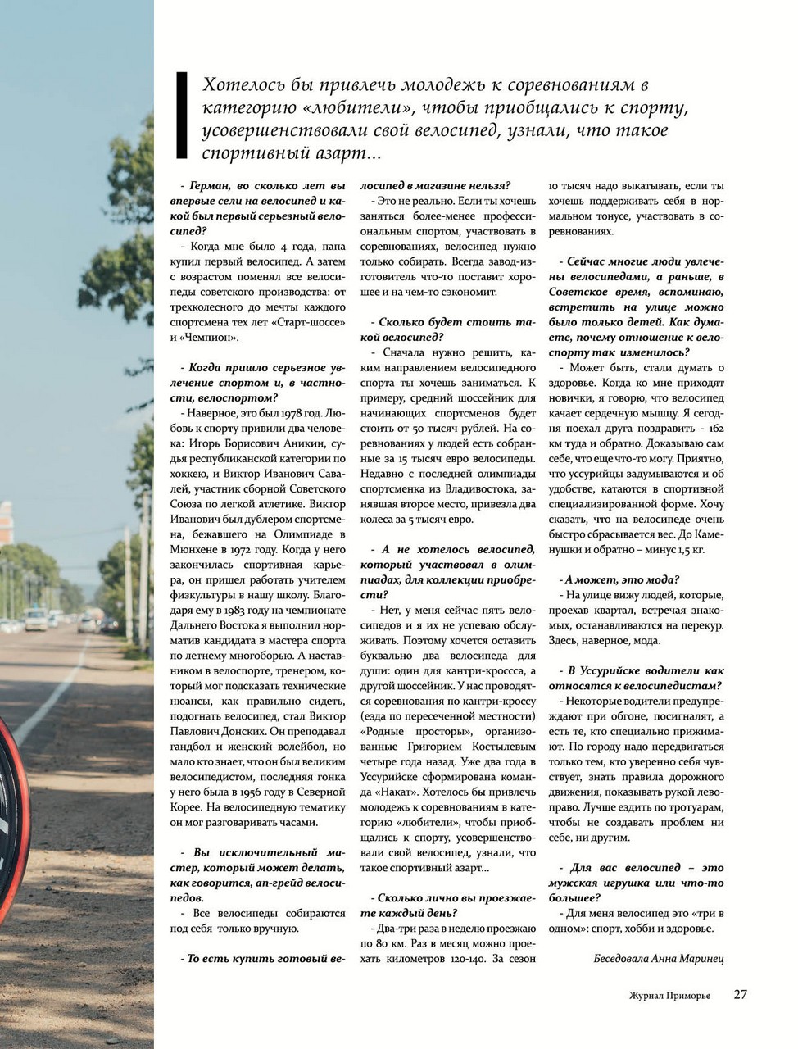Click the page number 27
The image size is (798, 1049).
pyautogui.click(x=740, y=994)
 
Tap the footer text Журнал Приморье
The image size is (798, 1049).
pyautogui.click(x=669, y=995)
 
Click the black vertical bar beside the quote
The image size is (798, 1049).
pyautogui.click(x=183, y=115)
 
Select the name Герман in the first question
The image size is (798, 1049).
pyautogui.click(x=210, y=186)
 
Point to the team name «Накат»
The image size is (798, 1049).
pyautogui.click(x=388, y=792)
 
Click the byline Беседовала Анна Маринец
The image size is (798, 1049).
pyautogui.click(x=659, y=957)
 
